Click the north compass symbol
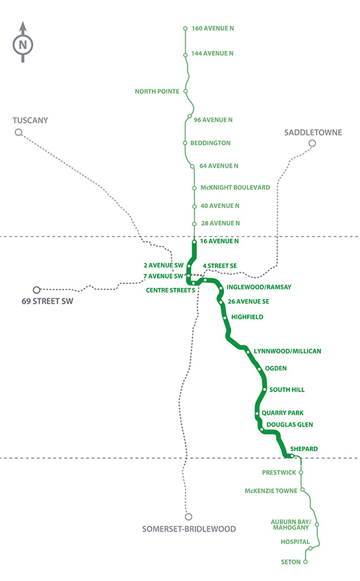pyautogui.click(x=23, y=44)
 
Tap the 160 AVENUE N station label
pyautogui.click(x=213, y=28)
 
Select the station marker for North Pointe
pyautogui.click(x=186, y=91)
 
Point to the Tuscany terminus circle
pyautogui.click(x=18, y=133)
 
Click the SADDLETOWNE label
pyautogui.click(x=312, y=132)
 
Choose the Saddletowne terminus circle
pyautogui.click(x=312, y=143)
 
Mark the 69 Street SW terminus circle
pyautogui.click(x=37, y=289)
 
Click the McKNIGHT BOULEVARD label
pyautogui.click(x=235, y=188)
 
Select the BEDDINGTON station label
pyautogui.click(x=211, y=143)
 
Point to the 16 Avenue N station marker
pyautogui.click(x=194, y=242)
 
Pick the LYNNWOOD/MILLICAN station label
pyautogui.click(x=287, y=351)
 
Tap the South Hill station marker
pyautogui.click(x=264, y=390)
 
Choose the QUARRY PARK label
pyautogui.click(x=283, y=413)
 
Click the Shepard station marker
pyautogui.click(x=291, y=456)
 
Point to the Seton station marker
pyautogui.click(x=306, y=562)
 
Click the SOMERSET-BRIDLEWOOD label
pyautogui.click(x=189, y=529)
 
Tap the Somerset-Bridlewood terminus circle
pyautogui.click(x=188, y=517)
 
